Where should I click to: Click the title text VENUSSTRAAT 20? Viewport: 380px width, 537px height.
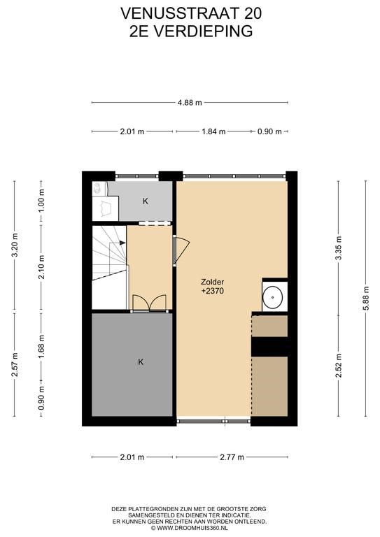(191, 13)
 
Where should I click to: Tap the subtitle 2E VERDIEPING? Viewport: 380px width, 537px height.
(191, 31)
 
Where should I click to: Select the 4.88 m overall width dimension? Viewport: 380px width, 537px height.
(190, 102)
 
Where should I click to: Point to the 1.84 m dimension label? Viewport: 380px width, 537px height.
(213, 131)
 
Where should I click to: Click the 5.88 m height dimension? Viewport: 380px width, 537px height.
(365, 299)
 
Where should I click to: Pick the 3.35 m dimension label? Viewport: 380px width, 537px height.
(339, 248)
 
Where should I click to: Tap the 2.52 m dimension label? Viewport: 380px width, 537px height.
(339, 365)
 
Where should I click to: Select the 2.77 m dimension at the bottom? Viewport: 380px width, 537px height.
(232, 457)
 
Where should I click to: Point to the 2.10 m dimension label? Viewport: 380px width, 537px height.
(41, 267)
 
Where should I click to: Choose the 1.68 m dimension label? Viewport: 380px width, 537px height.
(41, 347)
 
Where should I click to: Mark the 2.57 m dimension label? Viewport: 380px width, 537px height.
(15, 364)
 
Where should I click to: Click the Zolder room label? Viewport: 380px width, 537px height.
(213, 282)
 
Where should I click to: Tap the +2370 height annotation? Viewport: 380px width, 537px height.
(213, 291)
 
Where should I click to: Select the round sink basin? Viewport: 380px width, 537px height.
(273, 296)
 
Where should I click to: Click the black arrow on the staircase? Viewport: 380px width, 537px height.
(122, 243)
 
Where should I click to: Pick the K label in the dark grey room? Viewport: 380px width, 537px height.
(141, 361)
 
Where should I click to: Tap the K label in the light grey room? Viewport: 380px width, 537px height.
(146, 201)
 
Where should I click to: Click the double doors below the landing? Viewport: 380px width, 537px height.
(149, 303)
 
